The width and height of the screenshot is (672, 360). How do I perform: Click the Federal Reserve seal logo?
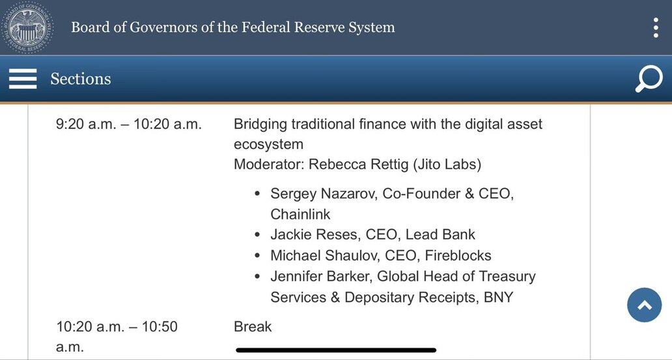coord(27,27)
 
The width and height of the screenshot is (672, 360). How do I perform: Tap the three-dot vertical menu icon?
coord(656,28)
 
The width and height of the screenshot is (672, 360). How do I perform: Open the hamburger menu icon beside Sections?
coord(23,79)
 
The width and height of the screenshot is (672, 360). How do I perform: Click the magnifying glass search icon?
coord(649,79)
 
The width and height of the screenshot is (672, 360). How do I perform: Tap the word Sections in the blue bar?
coord(81,79)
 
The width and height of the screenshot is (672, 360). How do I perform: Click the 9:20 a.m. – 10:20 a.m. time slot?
coord(128,125)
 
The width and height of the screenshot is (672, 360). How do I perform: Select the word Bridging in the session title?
coord(260,125)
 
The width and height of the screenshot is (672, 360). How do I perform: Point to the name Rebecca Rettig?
coord(359,165)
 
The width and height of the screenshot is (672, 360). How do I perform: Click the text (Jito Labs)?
coord(447,165)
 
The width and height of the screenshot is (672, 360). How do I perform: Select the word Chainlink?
coord(300,214)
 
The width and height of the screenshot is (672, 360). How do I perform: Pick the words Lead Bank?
coord(440,235)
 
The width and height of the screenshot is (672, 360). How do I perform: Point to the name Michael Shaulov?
coord(326,256)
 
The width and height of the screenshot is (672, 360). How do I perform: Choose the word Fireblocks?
coord(458,256)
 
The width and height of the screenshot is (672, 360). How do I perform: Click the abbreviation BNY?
coord(498,298)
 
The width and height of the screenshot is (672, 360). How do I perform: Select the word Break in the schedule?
coord(253,327)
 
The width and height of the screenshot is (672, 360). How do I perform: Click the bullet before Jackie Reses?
coord(257,235)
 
